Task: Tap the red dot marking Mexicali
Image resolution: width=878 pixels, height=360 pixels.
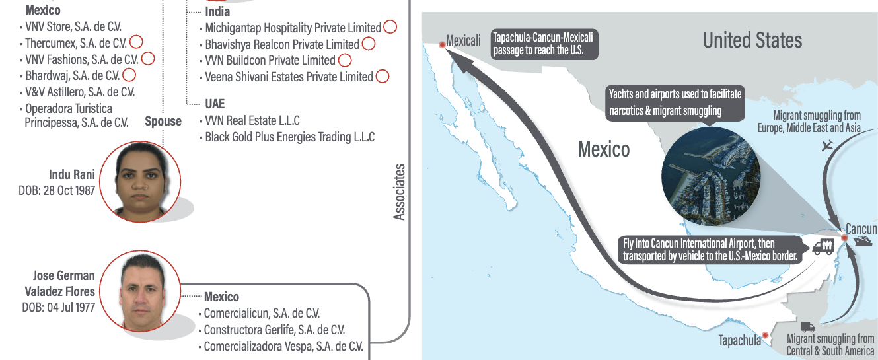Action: pyautogui.click(x=442, y=44)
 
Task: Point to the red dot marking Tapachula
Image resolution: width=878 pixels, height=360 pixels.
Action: pyautogui.click(x=765, y=336)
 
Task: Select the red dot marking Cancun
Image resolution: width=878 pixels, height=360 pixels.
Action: pyautogui.click(x=844, y=237)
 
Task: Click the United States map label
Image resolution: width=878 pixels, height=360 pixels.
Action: pyautogui.click(x=752, y=40)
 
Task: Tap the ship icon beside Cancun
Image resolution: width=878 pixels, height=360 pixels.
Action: pyautogui.click(x=862, y=241)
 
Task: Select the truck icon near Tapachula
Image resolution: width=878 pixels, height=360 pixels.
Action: pyautogui.click(x=808, y=326)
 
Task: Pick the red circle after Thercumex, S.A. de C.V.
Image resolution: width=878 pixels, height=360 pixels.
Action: pyautogui.click(x=136, y=42)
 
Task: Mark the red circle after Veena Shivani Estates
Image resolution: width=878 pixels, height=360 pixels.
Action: pyautogui.click(x=382, y=77)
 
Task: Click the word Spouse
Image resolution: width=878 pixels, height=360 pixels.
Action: pyautogui.click(x=163, y=121)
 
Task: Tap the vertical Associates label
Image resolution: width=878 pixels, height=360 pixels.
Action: pyautogui.click(x=400, y=192)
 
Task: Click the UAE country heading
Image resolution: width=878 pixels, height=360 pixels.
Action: pyautogui.click(x=215, y=104)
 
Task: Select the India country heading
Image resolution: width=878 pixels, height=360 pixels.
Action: pyautogui.click(x=217, y=12)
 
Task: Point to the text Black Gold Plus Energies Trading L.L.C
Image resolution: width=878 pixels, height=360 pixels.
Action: pyautogui.click(x=289, y=137)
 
